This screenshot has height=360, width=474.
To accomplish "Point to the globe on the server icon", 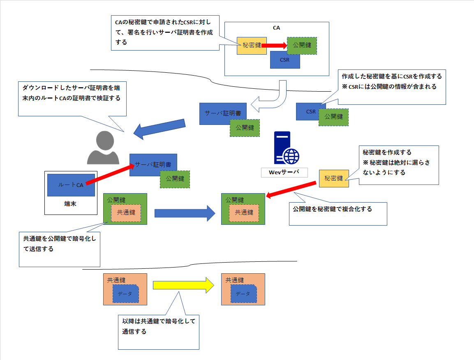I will tap(291, 157).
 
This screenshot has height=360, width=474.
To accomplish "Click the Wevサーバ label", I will tap(284, 172).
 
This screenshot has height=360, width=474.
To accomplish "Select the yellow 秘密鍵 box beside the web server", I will tap(333, 178).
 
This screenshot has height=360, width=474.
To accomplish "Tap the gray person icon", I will tap(103, 147).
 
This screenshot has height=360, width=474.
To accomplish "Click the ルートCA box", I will tap(71, 185).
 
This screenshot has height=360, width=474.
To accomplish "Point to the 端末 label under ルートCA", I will tap(70, 203).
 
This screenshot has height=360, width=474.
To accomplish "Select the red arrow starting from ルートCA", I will tap(110, 173).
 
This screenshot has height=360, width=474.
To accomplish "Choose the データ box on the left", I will tap(125, 294).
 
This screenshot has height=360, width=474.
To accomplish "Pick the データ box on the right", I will tap(243, 294).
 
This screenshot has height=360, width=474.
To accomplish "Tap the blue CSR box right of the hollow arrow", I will tap(310, 112).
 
